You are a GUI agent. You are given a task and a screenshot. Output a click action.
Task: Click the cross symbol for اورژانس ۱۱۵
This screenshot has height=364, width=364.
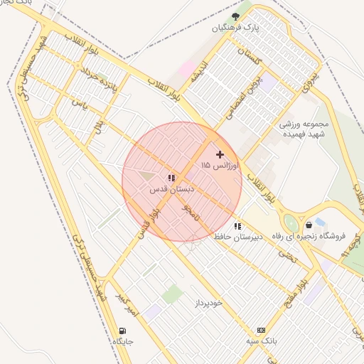point(220,154)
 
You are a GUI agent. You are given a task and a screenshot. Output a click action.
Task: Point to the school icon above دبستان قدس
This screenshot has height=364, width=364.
point(171,178)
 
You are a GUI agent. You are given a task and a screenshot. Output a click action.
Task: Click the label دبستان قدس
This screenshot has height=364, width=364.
point(168,190)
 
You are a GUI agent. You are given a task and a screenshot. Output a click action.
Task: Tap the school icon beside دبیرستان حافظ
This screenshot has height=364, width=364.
point(237,226)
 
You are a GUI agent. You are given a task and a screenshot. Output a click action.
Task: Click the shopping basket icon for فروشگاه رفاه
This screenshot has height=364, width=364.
point(309,225)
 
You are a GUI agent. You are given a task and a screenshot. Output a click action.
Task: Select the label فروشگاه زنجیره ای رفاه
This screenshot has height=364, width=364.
point(310,236)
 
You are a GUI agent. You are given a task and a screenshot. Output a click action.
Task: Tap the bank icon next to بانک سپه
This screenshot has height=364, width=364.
point(262,330)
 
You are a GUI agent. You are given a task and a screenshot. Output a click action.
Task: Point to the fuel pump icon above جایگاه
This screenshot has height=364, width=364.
point(123,331)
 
